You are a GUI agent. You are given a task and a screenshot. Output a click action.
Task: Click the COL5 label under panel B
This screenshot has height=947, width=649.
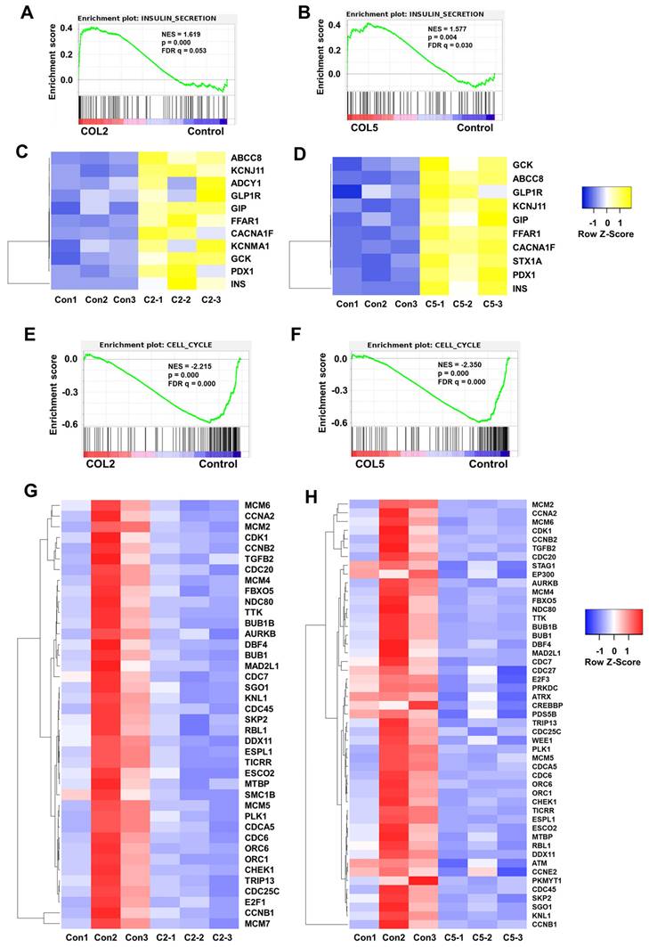366,127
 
